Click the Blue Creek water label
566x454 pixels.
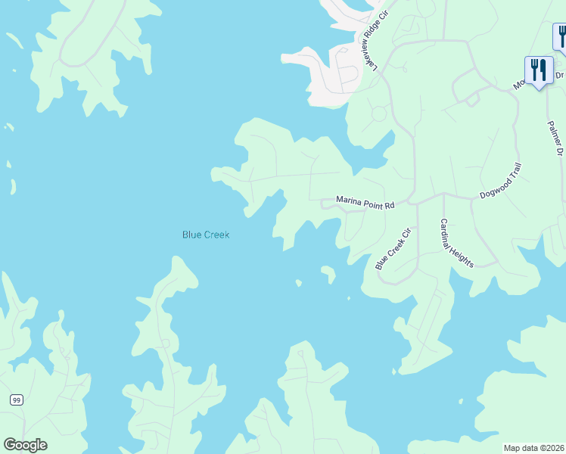coord(206,235)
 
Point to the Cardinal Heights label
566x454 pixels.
coord(457,243)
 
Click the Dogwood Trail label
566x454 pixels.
coord(501,184)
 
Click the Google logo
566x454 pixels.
coord(25,444)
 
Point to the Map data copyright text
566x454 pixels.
coord(533,448)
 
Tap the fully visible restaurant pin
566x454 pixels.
coord(539,71)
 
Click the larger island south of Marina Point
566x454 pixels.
coord(328,272)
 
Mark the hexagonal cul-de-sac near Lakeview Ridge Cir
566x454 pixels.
coord(378,113)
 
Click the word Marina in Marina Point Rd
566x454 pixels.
coord(350,201)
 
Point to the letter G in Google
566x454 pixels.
coord(10,444)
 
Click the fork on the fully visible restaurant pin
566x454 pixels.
coord(534,70)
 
